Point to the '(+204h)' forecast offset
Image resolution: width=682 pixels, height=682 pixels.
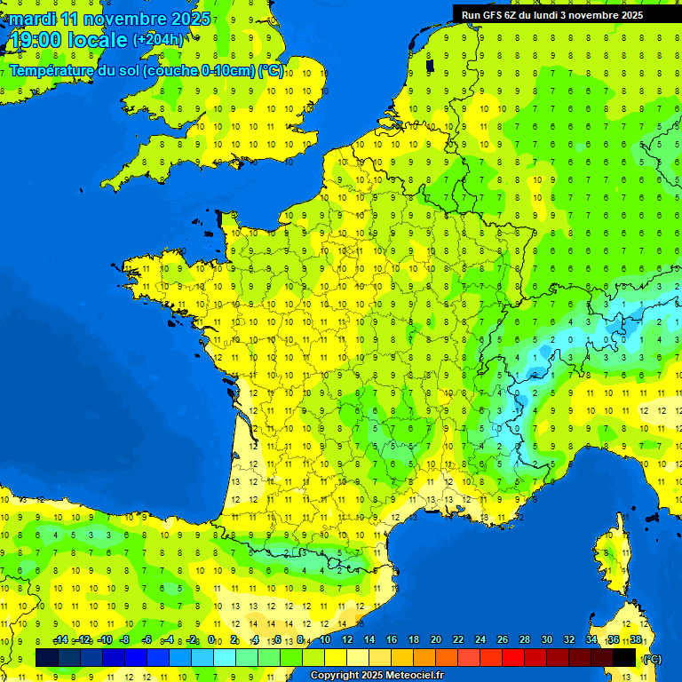158,40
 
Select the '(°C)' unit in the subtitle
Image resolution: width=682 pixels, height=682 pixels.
271,70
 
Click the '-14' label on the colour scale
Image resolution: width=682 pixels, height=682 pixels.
61,640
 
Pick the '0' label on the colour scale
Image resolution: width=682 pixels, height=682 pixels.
211,640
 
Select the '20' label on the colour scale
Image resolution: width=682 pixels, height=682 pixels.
436,640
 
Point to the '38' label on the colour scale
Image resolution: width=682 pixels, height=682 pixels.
636,640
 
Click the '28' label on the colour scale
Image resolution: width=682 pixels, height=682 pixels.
525,640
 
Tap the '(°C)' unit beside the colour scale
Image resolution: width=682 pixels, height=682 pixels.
652,658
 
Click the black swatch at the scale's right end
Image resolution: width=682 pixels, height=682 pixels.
624,657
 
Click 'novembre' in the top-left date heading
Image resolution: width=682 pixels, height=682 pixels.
123,19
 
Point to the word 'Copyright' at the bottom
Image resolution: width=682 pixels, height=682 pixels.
335,675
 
